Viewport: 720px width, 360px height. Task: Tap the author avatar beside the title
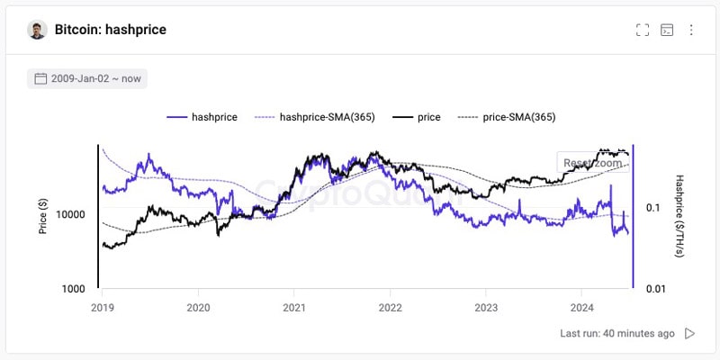(x=37, y=30)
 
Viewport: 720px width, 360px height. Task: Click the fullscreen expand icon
(x=642, y=30)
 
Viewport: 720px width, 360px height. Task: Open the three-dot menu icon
(x=691, y=30)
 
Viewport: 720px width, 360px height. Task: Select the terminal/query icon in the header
(x=667, y=30)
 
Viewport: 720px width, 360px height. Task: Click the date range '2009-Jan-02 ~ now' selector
(x=87, y=78)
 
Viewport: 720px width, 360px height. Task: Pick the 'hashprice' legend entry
(x=202, y=117)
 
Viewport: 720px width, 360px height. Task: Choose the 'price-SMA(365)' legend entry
(x=507, y=117)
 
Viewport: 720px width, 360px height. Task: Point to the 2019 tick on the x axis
(x=103, y=306)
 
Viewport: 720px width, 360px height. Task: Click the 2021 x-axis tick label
(x=293, y=306)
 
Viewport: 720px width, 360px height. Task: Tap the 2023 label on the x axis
(x=485, y=306)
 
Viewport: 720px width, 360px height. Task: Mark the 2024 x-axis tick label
(x=580, y=306)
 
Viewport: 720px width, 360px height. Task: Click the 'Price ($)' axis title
(x=42, y=217)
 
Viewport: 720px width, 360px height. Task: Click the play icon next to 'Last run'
(x=690, y=333)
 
